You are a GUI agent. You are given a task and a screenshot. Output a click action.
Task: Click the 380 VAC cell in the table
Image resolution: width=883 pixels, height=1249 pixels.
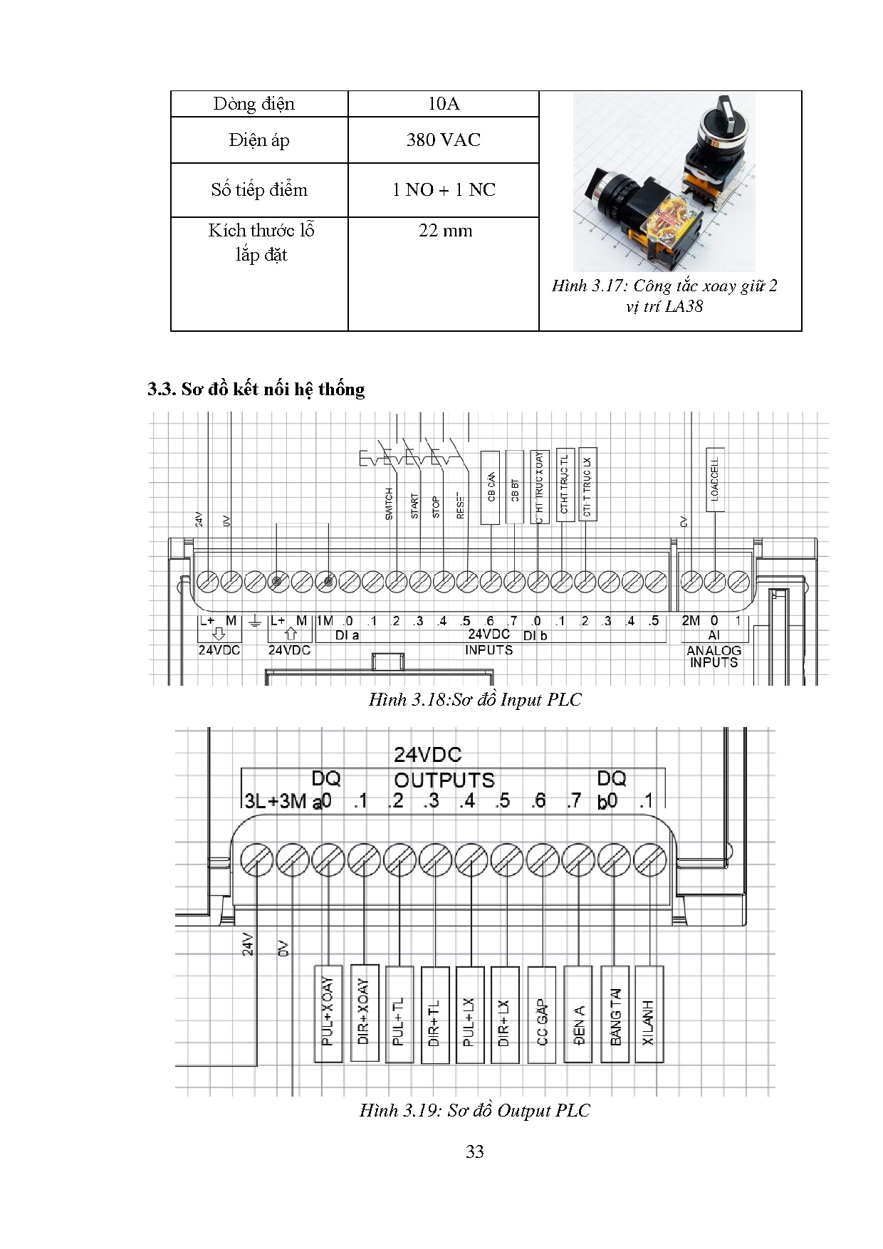(443, 140)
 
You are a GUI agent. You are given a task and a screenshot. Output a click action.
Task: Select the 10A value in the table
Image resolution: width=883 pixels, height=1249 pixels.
(443, 104)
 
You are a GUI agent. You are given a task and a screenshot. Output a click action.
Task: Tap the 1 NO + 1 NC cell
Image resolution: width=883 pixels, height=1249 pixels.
(443, 189)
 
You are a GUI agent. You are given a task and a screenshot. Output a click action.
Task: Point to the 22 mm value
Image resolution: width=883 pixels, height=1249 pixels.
(445, 231)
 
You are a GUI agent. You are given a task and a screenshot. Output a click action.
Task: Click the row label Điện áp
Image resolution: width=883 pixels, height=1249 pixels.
(259, 140)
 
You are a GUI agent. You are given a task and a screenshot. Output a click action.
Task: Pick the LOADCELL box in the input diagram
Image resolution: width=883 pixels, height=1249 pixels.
(715, 479)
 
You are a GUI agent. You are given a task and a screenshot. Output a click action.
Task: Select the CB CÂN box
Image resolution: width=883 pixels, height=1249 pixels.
(491, 487)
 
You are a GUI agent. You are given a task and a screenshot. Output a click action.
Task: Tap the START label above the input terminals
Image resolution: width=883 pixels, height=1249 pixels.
(414, 506)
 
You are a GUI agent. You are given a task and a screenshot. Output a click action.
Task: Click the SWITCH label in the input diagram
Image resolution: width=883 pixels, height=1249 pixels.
(389, 503)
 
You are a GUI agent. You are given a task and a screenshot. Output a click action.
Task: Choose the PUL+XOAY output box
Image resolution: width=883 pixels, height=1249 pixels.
(328, 1013)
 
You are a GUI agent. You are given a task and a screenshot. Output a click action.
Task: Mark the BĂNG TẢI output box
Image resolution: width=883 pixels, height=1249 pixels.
(615, 1014)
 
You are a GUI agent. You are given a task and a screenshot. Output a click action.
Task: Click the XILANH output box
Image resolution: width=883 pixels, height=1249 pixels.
(649, 1014)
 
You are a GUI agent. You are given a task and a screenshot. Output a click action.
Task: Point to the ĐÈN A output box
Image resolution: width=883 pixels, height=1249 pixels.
(578, 1014)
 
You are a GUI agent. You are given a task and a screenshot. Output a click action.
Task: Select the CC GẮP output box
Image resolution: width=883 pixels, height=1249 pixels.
(542, 1014)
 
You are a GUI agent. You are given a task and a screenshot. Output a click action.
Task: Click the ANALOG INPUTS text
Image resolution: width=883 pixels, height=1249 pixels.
(714, 656)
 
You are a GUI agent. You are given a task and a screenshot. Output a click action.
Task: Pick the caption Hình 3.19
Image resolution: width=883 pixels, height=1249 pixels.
(474, 1110)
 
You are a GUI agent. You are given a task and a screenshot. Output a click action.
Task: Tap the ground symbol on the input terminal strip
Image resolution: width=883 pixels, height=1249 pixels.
(255, 622)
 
